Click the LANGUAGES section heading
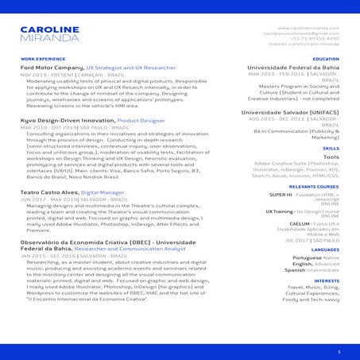point(325,250)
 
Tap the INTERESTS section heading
point(327,281)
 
